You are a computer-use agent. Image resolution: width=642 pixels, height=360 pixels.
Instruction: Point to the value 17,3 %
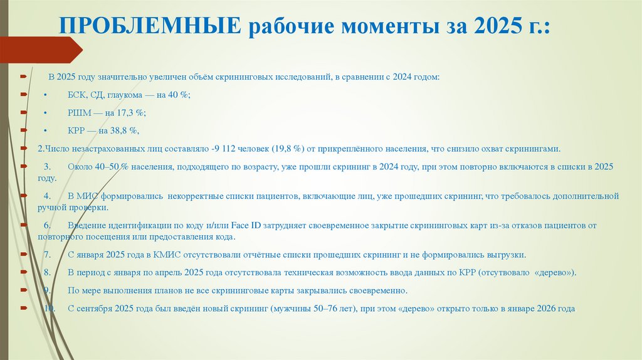point(133,112)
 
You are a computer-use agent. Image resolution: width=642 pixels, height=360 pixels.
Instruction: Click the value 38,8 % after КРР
point(124,130)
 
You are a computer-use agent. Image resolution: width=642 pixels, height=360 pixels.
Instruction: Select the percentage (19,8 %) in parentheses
point(288,149)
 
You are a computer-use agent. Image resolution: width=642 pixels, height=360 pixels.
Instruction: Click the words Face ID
point(246,225)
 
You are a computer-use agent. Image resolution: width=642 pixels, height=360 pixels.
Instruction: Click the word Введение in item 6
point(85,225)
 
